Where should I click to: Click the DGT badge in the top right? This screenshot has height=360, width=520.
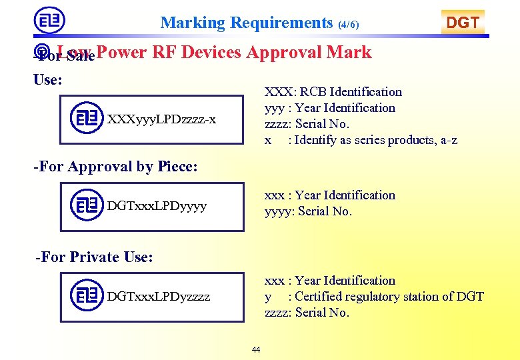pos(463,23)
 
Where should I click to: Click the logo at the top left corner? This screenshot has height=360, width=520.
pos(49,21)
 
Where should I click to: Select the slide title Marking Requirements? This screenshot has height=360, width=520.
pos(246,23)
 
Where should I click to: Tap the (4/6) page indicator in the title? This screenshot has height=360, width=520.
pos(349,25)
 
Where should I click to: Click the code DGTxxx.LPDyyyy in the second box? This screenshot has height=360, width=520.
pos(157,206)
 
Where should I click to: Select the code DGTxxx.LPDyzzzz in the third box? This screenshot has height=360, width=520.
pos(159,297)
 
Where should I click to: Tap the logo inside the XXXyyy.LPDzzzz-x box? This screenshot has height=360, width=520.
pos(87,119)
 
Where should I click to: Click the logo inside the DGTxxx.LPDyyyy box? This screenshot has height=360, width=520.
pos(87,205)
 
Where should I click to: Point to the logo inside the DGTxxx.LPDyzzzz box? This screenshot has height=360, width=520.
pos(87,295)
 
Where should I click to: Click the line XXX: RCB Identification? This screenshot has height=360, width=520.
pos(333,92)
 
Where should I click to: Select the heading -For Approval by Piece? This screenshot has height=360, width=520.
pos(116,167)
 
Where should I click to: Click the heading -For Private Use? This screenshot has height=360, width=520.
pos(95,257)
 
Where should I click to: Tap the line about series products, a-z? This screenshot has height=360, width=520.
pos(361,140)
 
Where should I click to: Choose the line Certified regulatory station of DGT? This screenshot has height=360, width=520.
pos(374,297)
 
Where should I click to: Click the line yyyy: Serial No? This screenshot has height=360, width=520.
pos(308,211)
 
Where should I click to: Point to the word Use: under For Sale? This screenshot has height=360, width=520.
pos(48,79)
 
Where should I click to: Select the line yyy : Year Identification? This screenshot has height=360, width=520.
pos(329,108)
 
